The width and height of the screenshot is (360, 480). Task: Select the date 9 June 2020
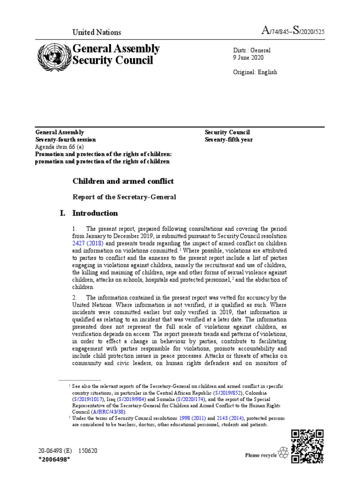pos(248,58)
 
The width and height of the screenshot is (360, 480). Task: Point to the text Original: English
pos(255,72)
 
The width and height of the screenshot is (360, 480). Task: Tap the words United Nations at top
pos(96,32)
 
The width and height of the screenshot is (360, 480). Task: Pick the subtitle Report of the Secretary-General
pos(124,197)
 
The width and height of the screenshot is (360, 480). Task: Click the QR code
pos(307,446)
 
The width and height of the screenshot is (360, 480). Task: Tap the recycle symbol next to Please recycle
pos(284,453)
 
